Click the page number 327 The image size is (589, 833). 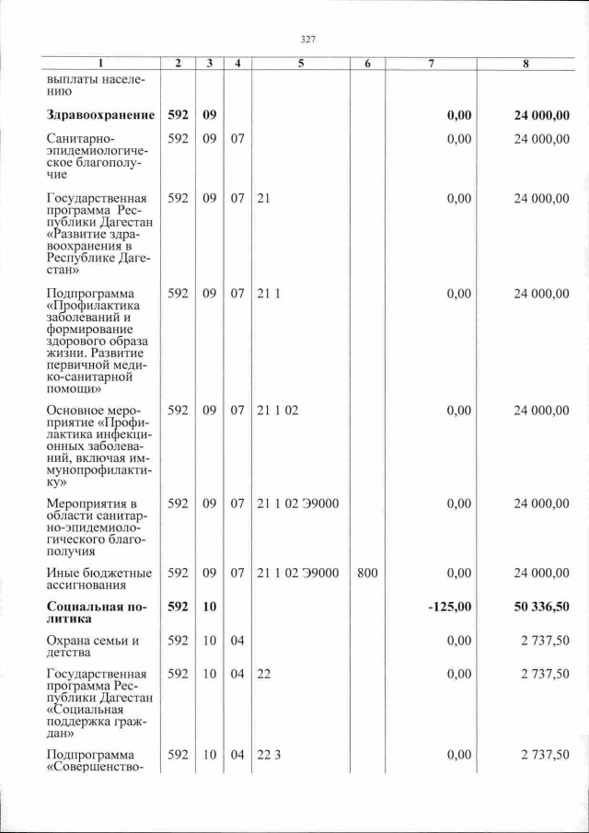pyautogui.click(x=308, y=39)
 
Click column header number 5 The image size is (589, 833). pyautogui.click(x=302, y=64)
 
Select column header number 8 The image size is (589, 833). pyautogui.click(x=525, y=64)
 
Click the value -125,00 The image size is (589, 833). pyautogui.click(x=452, y=607)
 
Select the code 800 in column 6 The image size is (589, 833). pyautogui.click(x=367, y=573)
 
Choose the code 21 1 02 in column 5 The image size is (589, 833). pyautogui.click(x=278, y=411)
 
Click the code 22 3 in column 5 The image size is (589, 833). pyautogui.click(x=269, y=755)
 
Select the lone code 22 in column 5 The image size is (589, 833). pyautogui.click(x=264, y=675)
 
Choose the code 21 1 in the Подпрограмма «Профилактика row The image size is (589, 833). pyautogui.click(x=268, y=294)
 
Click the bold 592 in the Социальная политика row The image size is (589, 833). pyautogui.click(x=179, y=607)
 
